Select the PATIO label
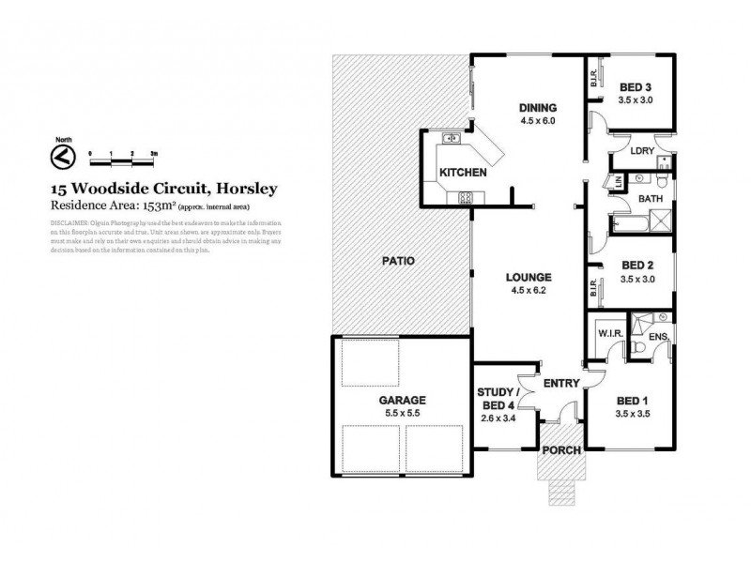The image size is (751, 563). (x=397, y=260)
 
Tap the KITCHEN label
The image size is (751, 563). (x=463, y=173)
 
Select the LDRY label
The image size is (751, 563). (x=642, y=151)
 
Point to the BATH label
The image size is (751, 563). (x=651, y=200)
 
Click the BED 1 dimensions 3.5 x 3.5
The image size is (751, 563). (x=634, y=413)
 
